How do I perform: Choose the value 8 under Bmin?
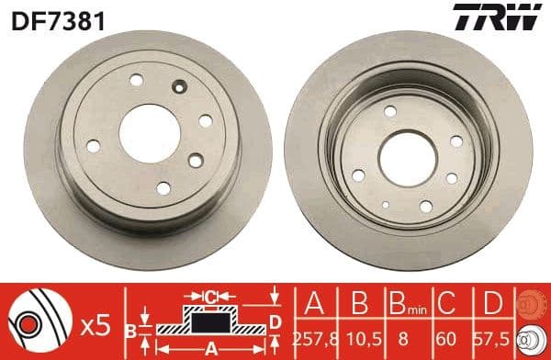pos(401,336)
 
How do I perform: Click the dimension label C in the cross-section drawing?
pos(209,297)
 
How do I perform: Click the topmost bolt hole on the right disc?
pos(390,110)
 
